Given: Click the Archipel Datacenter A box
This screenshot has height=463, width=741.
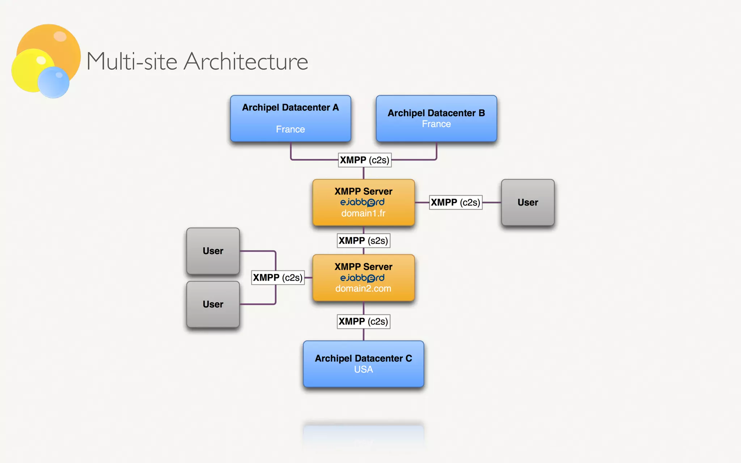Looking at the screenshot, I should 291,118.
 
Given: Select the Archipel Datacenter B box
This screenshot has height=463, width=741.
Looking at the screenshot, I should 436,118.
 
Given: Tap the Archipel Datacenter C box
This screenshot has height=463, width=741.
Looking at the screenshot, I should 363,364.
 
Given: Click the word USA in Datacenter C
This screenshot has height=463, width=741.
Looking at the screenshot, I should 363,370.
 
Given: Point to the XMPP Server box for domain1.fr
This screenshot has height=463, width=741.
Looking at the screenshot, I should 363,203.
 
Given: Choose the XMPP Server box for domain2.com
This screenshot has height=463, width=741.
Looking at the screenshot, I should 363,278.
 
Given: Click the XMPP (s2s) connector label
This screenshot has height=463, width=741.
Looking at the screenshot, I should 363,241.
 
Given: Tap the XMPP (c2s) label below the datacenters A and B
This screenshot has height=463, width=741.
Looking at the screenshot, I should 364,160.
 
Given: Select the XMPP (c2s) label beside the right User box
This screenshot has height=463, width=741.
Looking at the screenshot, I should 456,203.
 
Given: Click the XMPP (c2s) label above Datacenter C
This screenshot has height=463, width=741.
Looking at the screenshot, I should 363,321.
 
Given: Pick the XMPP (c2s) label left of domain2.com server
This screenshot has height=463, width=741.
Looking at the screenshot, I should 278,278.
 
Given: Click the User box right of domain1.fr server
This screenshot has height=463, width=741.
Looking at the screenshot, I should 528,203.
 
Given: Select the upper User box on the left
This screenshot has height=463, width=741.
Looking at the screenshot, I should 213,251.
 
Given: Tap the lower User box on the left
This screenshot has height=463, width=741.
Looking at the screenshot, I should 213,304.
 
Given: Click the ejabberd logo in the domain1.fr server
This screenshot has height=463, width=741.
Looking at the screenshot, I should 362,202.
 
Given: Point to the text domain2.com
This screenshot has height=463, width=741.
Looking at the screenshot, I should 363,289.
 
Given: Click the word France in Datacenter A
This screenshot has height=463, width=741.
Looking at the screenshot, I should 290,129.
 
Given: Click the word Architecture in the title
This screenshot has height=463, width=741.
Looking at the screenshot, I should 246,61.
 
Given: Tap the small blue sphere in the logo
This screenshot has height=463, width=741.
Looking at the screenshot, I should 54,82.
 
